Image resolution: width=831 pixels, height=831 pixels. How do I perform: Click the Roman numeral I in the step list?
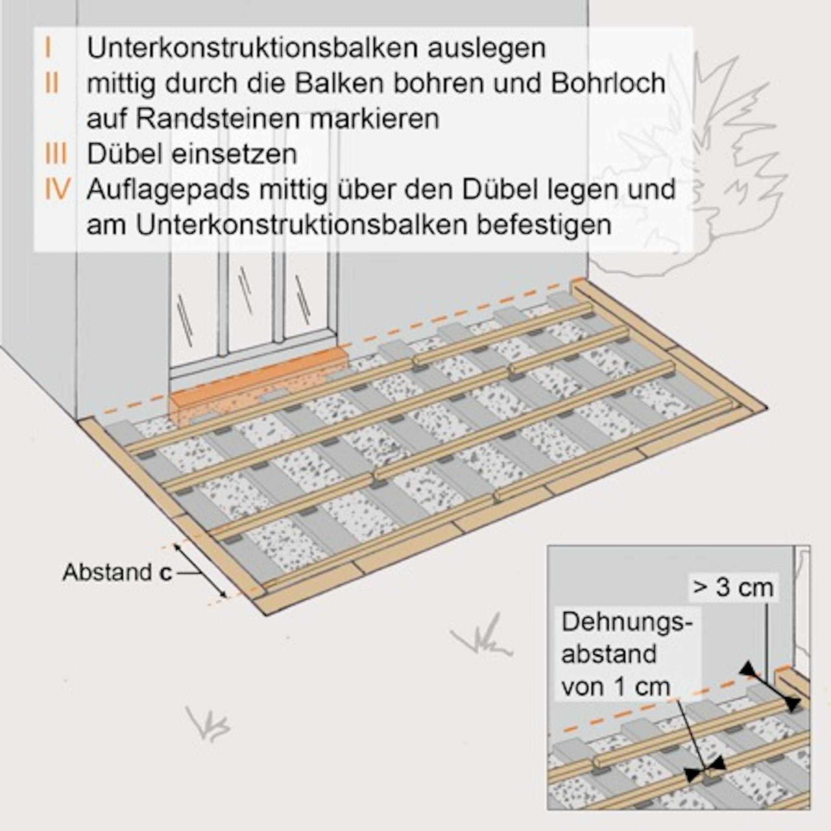(48, 48)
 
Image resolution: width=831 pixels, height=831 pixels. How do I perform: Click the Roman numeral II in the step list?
(52, 84)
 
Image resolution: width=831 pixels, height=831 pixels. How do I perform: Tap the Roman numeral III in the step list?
(56, 154)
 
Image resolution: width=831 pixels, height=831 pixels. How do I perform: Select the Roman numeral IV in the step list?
(57, 189)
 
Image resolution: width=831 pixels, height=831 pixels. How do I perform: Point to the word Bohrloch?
(607, 84)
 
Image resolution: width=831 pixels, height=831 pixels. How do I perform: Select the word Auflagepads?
(168, 190)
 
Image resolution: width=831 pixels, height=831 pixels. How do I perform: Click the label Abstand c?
(117, 573)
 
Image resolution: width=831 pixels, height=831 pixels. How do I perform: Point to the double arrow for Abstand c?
(200, 571)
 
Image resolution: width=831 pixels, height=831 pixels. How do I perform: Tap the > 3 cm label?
(733, 587)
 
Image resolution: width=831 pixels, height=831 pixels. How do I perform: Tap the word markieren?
(374, 119)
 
